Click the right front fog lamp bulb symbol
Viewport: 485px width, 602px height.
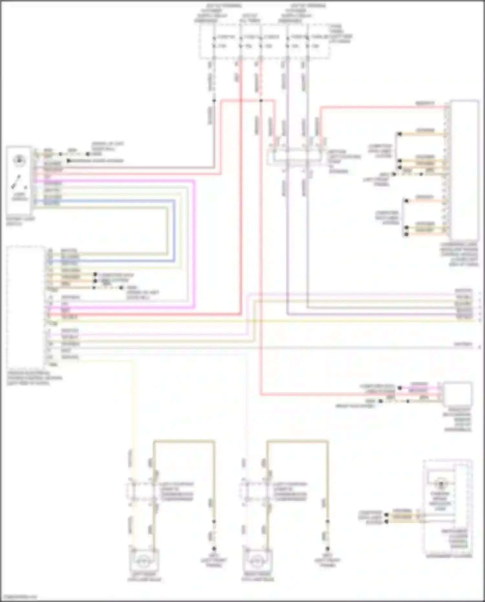pos(256,562)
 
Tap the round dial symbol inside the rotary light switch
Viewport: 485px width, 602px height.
pos(19,160)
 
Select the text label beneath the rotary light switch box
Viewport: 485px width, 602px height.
pos(20,221)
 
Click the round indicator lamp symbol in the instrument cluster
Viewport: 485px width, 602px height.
pos(440,485)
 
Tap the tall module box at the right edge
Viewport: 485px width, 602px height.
pos(464,170)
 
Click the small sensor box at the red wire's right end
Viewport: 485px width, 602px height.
pos(457,394)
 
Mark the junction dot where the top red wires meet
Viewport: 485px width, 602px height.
pos(261,101)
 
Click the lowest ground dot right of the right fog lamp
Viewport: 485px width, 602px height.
pos(327,549)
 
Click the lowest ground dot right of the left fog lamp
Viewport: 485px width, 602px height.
pos(213,549)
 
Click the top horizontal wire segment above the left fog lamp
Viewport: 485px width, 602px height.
pos(184,441)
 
